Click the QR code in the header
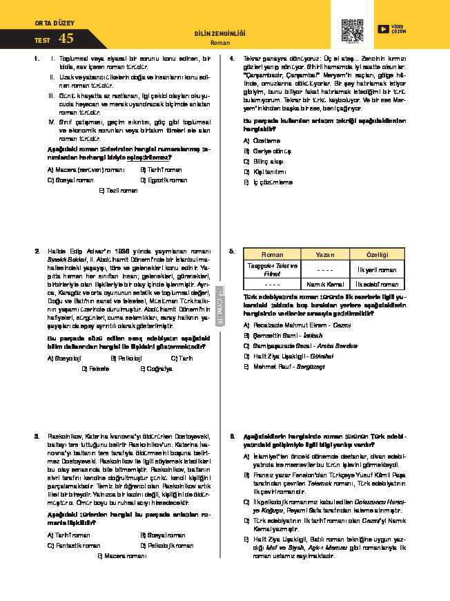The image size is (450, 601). click(352, 30)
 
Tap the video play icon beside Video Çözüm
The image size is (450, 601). click(382, 29)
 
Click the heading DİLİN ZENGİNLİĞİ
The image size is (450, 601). click(220, 34)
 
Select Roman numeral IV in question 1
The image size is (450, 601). click(52, 122)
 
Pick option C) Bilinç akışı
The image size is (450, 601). click(265, 161)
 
